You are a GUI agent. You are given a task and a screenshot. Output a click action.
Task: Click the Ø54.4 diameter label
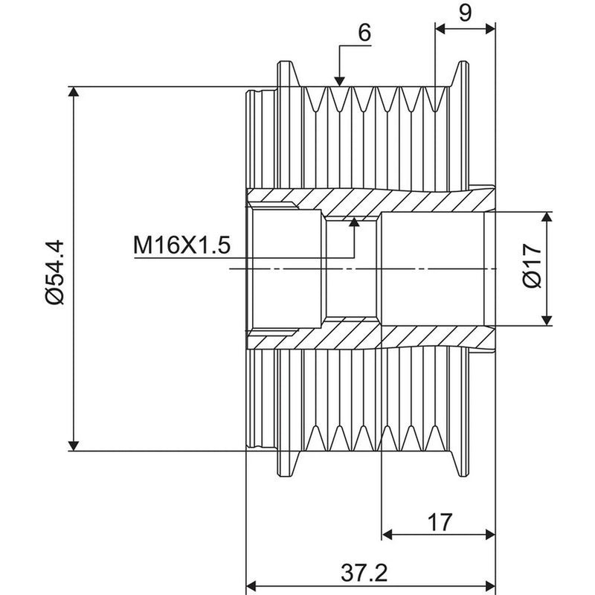[55, 271]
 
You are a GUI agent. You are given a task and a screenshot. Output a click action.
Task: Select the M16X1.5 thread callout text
[181, 245]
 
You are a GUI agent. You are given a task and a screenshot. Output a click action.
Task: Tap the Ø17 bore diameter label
[532, 266]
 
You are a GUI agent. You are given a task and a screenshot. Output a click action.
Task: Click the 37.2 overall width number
[364, 573]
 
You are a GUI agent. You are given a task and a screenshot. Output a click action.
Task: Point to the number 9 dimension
[465, 13]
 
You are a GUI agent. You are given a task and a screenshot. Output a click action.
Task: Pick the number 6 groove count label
[364, 33]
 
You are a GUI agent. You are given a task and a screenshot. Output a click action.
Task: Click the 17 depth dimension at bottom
[440, 522]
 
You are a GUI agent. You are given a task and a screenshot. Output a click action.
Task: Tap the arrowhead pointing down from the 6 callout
[339, 81]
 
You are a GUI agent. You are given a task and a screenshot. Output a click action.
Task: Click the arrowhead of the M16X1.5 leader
[354, 222]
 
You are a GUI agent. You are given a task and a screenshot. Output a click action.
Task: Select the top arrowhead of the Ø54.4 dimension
[74, 91]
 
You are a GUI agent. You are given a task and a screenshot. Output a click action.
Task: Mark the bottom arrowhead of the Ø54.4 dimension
[74, 446]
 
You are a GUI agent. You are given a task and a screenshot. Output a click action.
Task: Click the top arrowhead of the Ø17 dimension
[547, 217]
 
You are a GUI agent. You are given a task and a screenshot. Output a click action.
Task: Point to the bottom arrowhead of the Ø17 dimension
[547, 321]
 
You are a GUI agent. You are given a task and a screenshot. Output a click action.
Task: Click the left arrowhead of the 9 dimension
[440, 28]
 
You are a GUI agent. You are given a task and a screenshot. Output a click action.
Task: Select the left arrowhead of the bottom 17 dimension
[387, 535]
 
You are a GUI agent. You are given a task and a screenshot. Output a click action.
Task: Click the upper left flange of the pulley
[289, 74]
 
